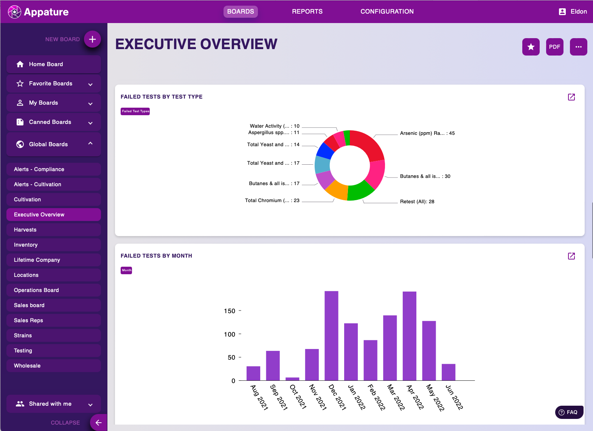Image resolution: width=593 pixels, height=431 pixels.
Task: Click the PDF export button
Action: coord(554,47)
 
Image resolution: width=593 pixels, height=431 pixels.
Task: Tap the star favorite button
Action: coord(531,47)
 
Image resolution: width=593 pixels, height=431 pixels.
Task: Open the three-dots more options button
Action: coord(578,47)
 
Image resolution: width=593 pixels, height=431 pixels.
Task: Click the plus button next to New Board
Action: coord(92,39)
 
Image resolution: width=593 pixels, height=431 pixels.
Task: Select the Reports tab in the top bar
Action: coord(307,11)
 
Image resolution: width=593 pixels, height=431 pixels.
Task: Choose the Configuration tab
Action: coord(387,11)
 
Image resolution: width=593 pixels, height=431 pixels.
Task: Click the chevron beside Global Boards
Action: coord(90,144)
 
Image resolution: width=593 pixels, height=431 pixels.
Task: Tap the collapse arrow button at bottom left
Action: coord(98,423)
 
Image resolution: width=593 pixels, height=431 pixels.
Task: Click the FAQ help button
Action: coord(569,412)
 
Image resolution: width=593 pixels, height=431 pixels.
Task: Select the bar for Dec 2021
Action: coord(331,335)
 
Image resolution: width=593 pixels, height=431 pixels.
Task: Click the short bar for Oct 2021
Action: coord(292,378)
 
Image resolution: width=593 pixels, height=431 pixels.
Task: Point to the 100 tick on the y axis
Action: coord(230,334)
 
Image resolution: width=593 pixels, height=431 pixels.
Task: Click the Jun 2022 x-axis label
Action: coord(454,397)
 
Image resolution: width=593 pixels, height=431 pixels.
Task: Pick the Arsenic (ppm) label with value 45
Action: coord(427,133)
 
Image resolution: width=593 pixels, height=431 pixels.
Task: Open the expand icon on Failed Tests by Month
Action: coord(571,256)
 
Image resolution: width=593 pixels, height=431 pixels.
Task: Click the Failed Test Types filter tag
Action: coord(135,111)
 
